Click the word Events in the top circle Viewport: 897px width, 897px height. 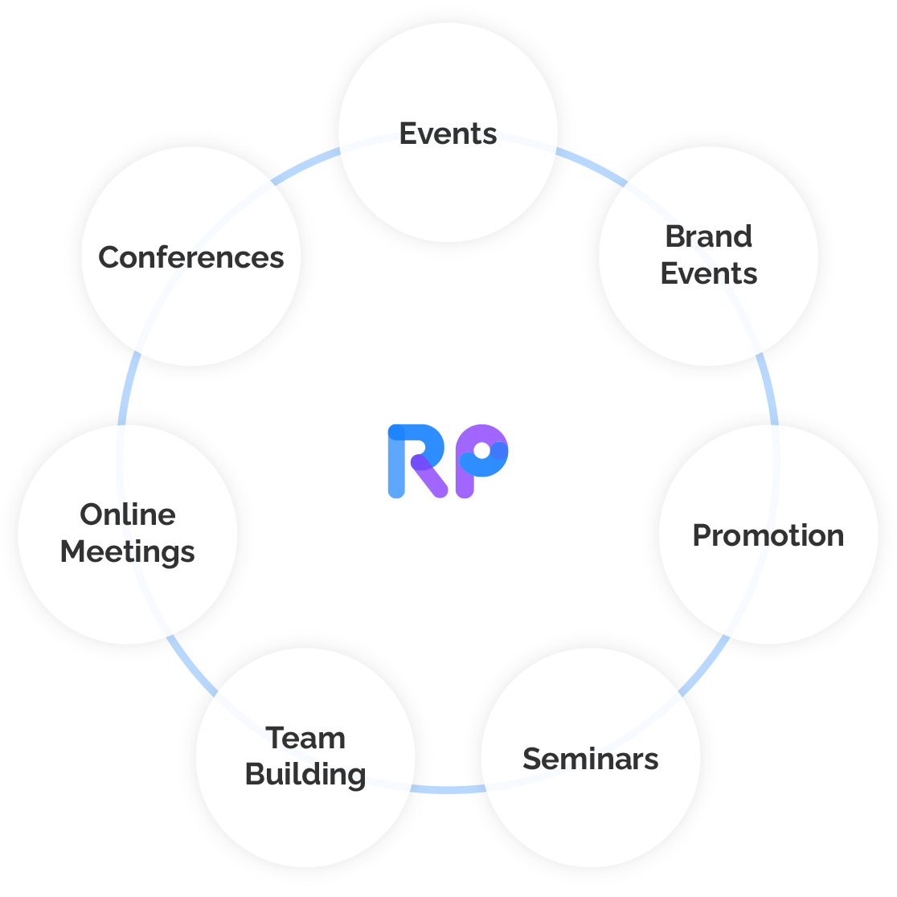(448, 133)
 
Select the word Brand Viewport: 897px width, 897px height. (709, 236)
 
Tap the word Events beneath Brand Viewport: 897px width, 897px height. (709, 273)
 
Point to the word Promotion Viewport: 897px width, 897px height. (768, 535)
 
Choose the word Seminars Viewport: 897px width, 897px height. (591, 759)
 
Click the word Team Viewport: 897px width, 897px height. (305, 738)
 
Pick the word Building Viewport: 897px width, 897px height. (305, 774)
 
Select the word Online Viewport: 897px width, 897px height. (128, 514)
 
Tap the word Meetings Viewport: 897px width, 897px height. (128, 552)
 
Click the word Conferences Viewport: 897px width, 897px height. (191, 257)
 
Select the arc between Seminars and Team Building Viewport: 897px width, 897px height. (448, 789)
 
